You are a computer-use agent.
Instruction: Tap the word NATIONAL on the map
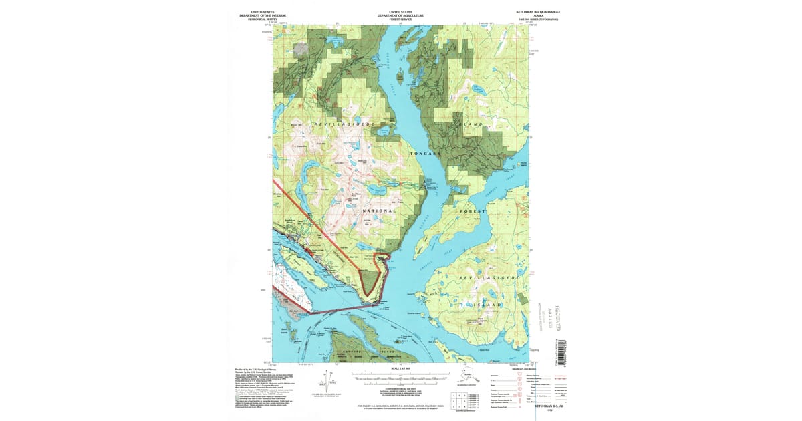[370, 210]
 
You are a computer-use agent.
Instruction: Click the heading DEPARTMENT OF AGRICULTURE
[400, 15]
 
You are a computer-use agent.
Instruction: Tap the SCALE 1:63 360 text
[400, 369]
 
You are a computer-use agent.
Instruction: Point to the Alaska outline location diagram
[468, 378]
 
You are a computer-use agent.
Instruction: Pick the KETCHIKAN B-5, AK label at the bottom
[549, 406]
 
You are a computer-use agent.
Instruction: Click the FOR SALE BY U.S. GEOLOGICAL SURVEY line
[400, 405]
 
